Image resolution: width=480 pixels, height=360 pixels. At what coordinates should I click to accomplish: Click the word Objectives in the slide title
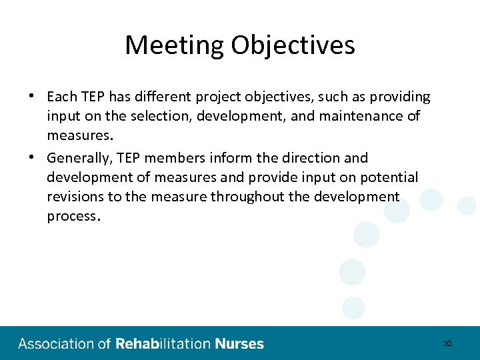click(293, 45)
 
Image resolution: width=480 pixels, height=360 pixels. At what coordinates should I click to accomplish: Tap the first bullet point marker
click(32, 95)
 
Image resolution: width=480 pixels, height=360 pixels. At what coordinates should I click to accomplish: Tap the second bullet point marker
click(32, 157)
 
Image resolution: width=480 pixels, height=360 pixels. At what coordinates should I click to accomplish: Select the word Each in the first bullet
click(62, 97)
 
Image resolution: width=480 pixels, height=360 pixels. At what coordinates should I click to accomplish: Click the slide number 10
click(447, 343)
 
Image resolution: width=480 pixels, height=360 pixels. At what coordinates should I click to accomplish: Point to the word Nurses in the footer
click(239, 344)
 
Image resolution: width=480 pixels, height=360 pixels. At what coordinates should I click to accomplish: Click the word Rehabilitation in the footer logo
click(163, 344)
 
